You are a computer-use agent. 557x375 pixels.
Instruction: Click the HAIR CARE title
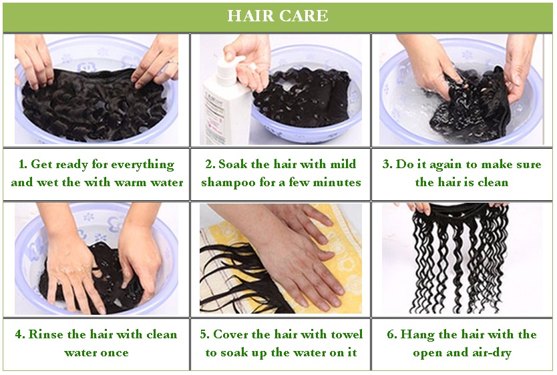pyautogui.click(x=277, y=15)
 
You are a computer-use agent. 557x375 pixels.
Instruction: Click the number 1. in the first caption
pyautogui.click(x=23, y=164)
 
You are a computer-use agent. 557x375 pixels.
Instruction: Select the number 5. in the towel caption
pyautogui.click(x=204, y=334)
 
